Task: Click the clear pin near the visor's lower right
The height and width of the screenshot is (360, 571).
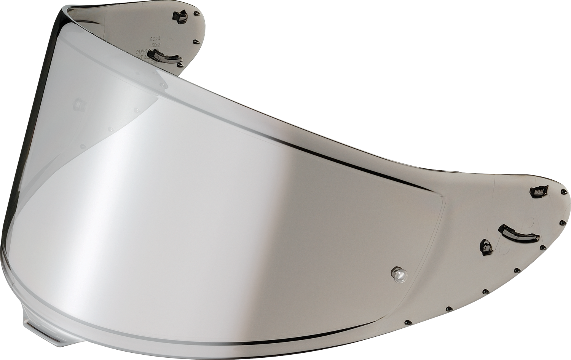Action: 398,274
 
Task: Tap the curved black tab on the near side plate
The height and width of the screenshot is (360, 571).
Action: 518,233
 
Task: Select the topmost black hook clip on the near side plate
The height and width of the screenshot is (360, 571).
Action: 539,190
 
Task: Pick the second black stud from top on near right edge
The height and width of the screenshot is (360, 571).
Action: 561,222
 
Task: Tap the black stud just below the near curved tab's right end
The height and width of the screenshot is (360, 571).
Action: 541,248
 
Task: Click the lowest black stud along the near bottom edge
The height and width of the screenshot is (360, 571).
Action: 407,322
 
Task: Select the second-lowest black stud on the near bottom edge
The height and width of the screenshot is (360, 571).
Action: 448,308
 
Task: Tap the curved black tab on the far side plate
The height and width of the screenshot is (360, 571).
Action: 171,58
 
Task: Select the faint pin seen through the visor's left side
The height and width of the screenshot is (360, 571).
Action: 78,103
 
